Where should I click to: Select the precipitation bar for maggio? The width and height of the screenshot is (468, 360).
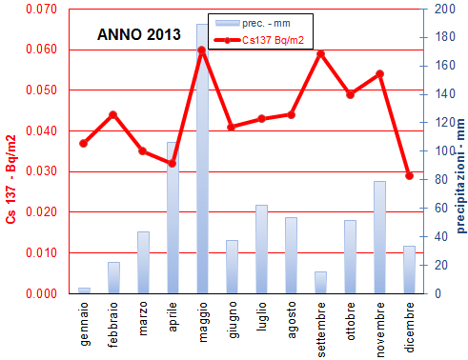tap(202, 162)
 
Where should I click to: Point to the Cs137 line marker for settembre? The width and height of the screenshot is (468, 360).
tap(320, 53)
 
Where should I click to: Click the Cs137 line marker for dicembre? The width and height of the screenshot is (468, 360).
tap(409, 176)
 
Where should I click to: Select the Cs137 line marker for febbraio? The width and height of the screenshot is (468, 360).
tap(113, 114)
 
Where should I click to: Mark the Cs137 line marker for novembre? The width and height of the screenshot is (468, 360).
tap(379, 73)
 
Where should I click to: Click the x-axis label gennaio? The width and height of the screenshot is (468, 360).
tap(84, 316)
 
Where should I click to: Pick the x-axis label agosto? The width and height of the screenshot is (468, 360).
tap(291, 315)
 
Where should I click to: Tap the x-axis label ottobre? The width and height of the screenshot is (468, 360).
tap(350, 315)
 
